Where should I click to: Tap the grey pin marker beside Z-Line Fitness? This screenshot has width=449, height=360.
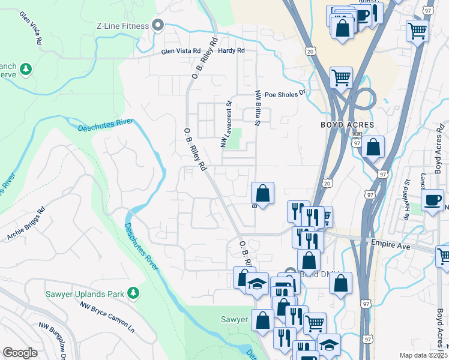coord(158,25)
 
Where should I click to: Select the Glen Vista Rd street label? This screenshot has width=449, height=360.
coord(180,52)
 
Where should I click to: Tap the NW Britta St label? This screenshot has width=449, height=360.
coord(258,109)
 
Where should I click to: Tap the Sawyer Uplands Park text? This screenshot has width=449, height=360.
coord(84,293)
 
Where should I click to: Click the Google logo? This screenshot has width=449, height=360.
coord(19,353)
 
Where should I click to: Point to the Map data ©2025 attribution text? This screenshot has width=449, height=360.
coord(423,355)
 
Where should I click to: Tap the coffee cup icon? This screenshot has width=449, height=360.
coord(432,200)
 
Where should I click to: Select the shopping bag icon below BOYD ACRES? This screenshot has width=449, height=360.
coord(373,147)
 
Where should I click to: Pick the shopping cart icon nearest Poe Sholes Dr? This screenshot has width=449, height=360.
coord(341,77)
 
